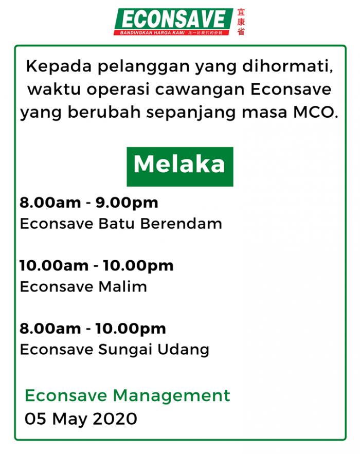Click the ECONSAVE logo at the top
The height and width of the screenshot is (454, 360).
173,22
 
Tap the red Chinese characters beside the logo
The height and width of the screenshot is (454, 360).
241,22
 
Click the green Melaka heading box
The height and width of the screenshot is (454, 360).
180,167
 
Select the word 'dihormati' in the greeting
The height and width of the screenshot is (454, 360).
287,66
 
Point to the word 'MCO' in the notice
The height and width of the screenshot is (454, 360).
315,112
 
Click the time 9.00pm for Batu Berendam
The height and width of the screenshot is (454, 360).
127,203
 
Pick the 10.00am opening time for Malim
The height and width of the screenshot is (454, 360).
54,265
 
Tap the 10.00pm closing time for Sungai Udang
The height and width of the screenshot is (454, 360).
131,329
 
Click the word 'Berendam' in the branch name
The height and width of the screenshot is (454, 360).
182,224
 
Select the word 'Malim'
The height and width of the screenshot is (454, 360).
122,287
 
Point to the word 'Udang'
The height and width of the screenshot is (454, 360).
183,350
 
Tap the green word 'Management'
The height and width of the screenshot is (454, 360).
171,396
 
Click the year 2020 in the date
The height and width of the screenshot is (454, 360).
115,419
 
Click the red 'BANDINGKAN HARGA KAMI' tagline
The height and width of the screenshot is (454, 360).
152,33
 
